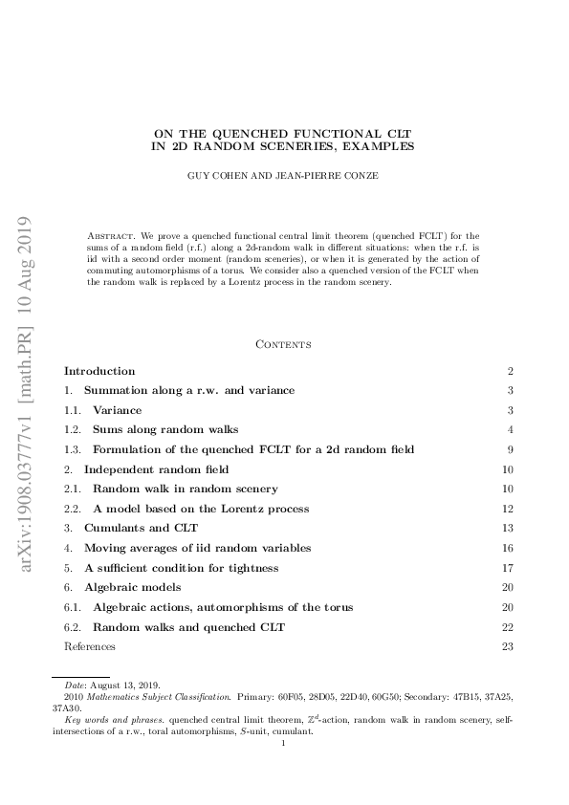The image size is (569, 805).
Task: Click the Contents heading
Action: [x=284, y=344]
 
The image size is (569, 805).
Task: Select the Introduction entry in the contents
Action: [x=99, y=371]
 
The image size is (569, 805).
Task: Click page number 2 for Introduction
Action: [x=511, y=371]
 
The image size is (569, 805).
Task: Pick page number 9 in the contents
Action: [x=511, y=449]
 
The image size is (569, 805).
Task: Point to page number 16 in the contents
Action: [x=508, y=548]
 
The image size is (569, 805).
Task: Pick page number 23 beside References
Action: [x=508, y=647]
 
